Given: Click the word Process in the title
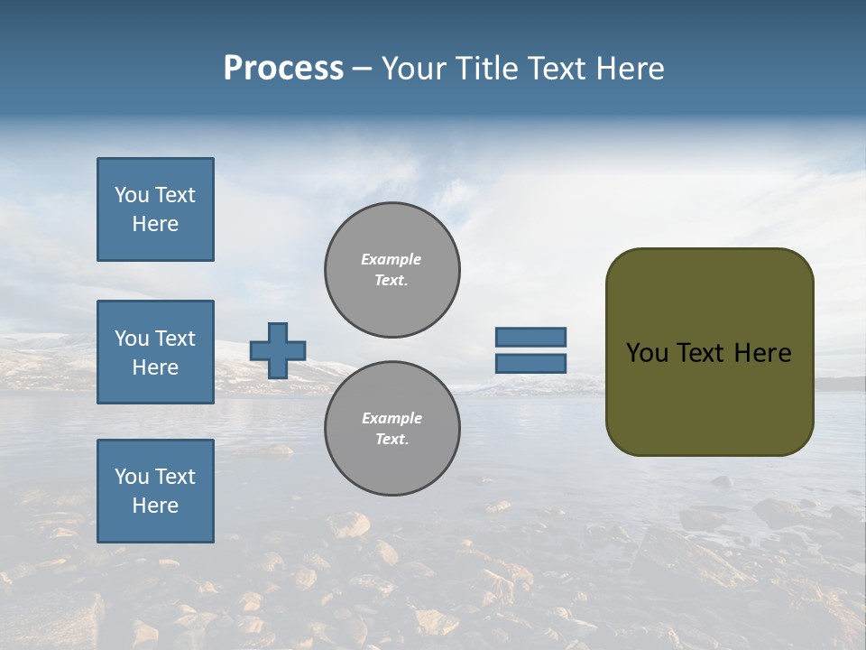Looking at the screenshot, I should coord(283,69).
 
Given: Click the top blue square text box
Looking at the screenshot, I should coord(155,209).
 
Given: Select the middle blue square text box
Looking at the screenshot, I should coord(155,352).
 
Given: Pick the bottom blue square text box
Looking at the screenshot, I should coord(155,491).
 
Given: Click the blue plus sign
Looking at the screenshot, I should coord(278,350).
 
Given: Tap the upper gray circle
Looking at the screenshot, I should coord(392,270).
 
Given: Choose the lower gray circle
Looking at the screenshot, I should coord(392,429).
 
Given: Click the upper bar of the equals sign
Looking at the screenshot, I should coord(530,337).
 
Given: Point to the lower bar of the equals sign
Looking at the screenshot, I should coord(530,364).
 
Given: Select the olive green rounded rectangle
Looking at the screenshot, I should coord(709,352).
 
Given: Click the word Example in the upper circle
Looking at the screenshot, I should coord(392,259).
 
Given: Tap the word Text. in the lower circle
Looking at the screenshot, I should coord(392,440).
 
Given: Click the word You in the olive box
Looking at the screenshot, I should coord(647,353).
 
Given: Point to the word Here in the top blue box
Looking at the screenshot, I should coord(155,224).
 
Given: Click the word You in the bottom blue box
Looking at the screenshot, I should coord(132,477).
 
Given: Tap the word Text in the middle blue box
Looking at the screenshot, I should coord(175,339).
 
